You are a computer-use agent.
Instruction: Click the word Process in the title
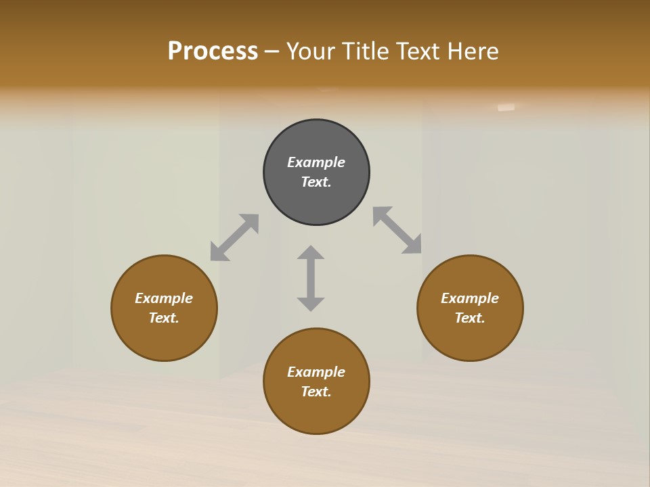[x=213, y=51]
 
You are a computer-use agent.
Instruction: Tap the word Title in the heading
[x=364, y=51]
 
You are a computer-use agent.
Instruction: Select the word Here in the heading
[x=473, y=51]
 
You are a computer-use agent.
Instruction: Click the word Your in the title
[x=311, y=51]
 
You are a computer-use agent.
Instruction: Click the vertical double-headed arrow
[x=311, y=278]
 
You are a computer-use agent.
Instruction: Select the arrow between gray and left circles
[x=234, y=237]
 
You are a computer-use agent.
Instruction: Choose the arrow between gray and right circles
[x=397, y=231]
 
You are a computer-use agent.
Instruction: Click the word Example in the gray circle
[x=316, y=162]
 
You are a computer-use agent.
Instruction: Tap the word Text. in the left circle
[x=164, y=318]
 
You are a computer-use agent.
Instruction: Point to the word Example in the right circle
[x=470, y=298]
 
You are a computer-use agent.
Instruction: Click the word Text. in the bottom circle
[x=316, y=392]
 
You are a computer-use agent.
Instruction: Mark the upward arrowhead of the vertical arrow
[x=311, y=253]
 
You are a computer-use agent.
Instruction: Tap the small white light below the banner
[x=506, y=107]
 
